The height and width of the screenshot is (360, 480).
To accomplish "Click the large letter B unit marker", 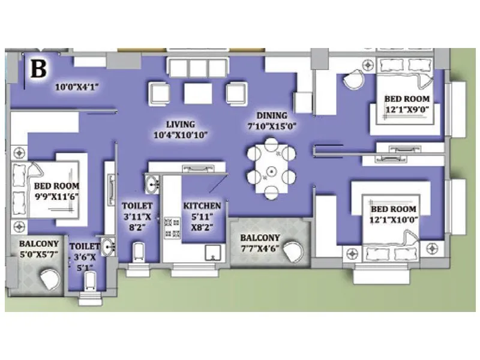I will click(38, 68).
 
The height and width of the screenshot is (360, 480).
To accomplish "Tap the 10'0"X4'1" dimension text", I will click(76, 87).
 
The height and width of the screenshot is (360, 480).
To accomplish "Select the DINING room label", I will click(272, 121).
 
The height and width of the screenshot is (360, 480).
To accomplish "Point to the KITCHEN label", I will click(202, 211).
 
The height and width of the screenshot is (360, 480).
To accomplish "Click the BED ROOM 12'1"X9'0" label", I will click(407, 104).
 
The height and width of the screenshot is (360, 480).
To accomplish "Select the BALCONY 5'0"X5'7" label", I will click(39, 249).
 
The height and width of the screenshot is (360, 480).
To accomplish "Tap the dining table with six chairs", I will click(271, 167).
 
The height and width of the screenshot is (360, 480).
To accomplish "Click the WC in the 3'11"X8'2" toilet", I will click(139, 252).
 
